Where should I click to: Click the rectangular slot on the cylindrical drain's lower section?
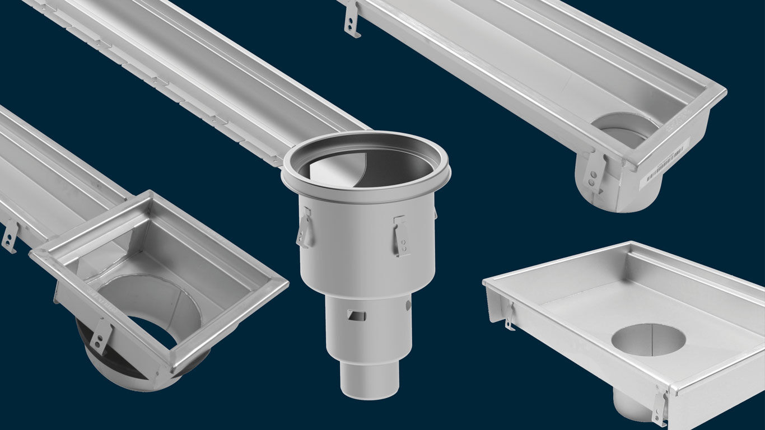tap(356, 315)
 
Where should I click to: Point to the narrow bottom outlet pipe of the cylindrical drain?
tap(369, 377)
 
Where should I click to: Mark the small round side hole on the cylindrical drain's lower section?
tap(408, 305)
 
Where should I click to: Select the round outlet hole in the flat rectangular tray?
tap(648, 340)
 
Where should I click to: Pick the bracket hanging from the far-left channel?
tap(10, 236)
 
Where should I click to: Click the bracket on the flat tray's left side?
tap(509, 316)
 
